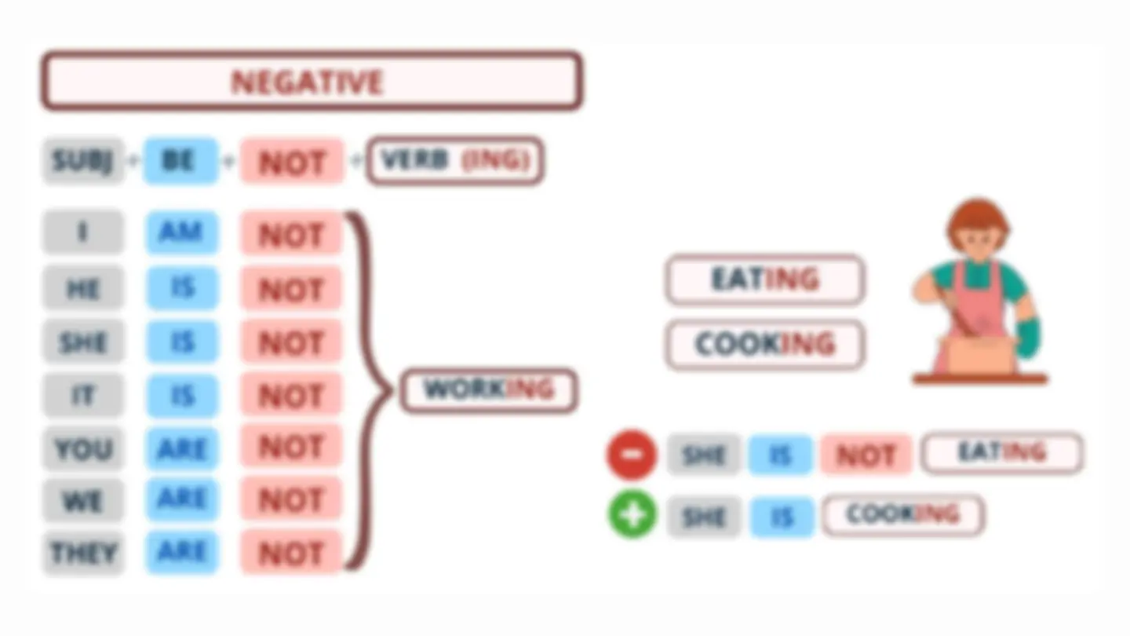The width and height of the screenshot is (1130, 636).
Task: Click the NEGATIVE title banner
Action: (312, 81)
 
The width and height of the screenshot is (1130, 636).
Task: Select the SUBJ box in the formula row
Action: (83, 161)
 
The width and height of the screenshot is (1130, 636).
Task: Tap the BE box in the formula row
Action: (180, 161)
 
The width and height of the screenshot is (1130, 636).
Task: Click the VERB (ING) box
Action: (455, 161)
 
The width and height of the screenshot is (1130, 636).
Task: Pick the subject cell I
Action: (83, 232)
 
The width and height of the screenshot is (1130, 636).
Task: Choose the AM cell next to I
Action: (181, 232)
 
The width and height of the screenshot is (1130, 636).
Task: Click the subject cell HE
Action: (83, 287)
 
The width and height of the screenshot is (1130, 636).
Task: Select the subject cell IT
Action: (83, 395)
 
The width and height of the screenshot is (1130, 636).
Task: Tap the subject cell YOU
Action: (83, 449)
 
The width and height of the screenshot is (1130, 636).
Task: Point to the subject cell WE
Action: (83, 501)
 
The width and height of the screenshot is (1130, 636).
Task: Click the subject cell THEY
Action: (83, 553)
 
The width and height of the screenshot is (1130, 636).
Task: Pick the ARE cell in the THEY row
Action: (181, 553)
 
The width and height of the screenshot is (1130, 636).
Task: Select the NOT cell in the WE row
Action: (291, 499)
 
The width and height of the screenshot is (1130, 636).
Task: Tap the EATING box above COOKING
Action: (765, 280)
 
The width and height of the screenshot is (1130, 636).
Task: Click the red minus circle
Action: (632, 455)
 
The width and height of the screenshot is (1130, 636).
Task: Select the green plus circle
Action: (632, 515)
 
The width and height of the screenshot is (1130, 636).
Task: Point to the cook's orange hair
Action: (978, 220)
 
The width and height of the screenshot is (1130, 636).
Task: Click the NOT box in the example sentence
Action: (866, 455)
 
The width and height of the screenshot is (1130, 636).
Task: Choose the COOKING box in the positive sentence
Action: (903, 515)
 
